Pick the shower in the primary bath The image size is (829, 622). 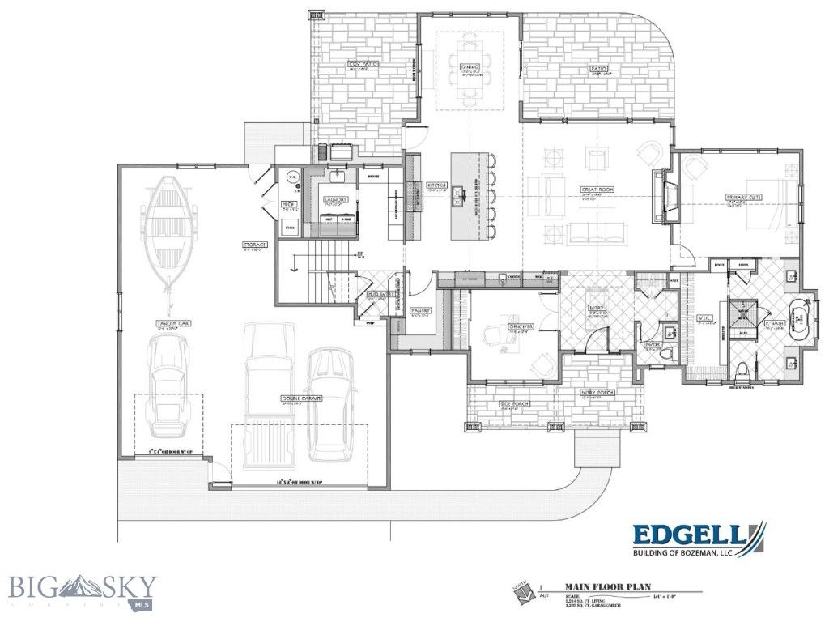click(x=742, y=315)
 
